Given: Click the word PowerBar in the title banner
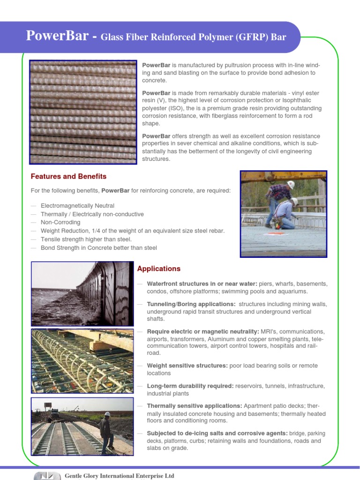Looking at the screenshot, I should (x=57, y=36).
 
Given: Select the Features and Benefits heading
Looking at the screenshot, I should (x=68, y=177).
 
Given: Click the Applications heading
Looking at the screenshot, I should (x=158, y=269).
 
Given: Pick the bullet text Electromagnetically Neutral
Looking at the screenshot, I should (x=77, y=206).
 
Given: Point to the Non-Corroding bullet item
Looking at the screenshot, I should (x=60, y=222).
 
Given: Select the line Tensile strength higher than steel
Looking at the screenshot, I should (x=86, y=239).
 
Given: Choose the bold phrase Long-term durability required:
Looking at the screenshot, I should (x=190, y=386).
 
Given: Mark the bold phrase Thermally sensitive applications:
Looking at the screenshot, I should (x=195, y=406).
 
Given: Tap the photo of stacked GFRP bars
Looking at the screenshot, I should (x=83, y=112).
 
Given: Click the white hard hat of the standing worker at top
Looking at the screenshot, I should (x=291, y=184).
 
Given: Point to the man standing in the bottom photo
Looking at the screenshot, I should (x=106, y=431).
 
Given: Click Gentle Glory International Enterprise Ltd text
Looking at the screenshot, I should (x=119, y=476).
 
